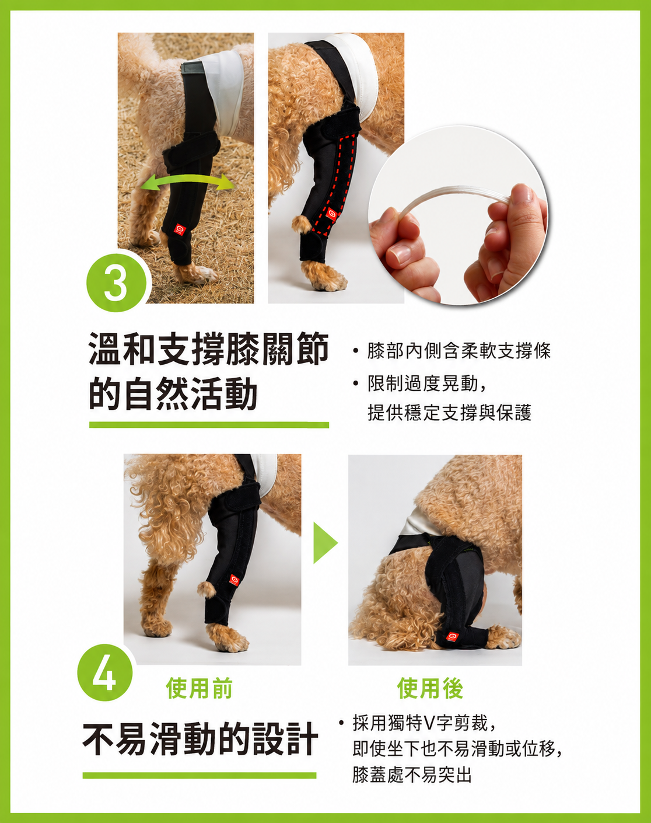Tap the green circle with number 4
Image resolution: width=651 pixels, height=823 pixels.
105,672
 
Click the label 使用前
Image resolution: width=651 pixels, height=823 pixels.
199,689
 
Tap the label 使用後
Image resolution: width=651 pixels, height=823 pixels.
430,689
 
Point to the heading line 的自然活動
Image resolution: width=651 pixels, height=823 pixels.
173,394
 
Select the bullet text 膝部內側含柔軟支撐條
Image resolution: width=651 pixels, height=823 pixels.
459,351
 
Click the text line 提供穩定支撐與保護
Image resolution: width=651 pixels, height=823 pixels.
450,413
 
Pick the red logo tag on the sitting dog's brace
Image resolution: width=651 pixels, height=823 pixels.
452,636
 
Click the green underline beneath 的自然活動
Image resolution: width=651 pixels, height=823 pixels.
209,425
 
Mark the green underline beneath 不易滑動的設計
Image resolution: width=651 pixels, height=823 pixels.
199,775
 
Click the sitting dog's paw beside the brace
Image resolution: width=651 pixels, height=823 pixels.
504,637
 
